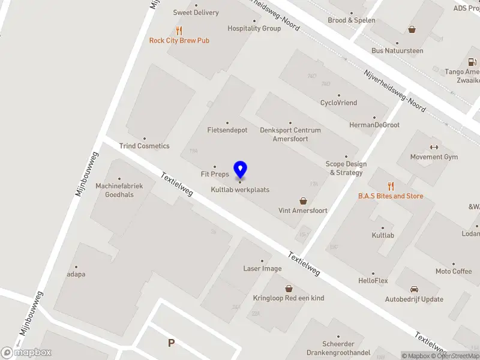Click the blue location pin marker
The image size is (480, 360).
(240, 170)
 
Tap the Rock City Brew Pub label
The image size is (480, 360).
(179, 41)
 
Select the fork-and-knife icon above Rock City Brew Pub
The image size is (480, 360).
(179, 31)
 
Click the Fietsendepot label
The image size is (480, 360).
(227, 130)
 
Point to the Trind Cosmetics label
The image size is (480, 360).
(144, 146)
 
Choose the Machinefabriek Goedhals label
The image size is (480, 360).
(119, 190)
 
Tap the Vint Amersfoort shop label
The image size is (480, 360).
(303, 211)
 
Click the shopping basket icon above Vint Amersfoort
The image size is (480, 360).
(303, 201)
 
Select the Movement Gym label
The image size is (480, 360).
(434, 157)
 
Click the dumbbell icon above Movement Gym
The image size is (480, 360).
(434, 148)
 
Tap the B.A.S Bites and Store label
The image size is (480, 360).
(391, 196)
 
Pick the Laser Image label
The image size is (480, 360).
(262, 268)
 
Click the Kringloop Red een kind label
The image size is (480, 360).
(289, 298)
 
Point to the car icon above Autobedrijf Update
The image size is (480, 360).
(414, 289)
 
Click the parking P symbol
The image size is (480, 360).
(171, 343)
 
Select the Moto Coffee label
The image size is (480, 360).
(453, 272)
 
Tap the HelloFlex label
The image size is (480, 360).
(373, 281)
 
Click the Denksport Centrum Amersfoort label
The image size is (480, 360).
(290, 134)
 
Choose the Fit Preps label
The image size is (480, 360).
(215, 175)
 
